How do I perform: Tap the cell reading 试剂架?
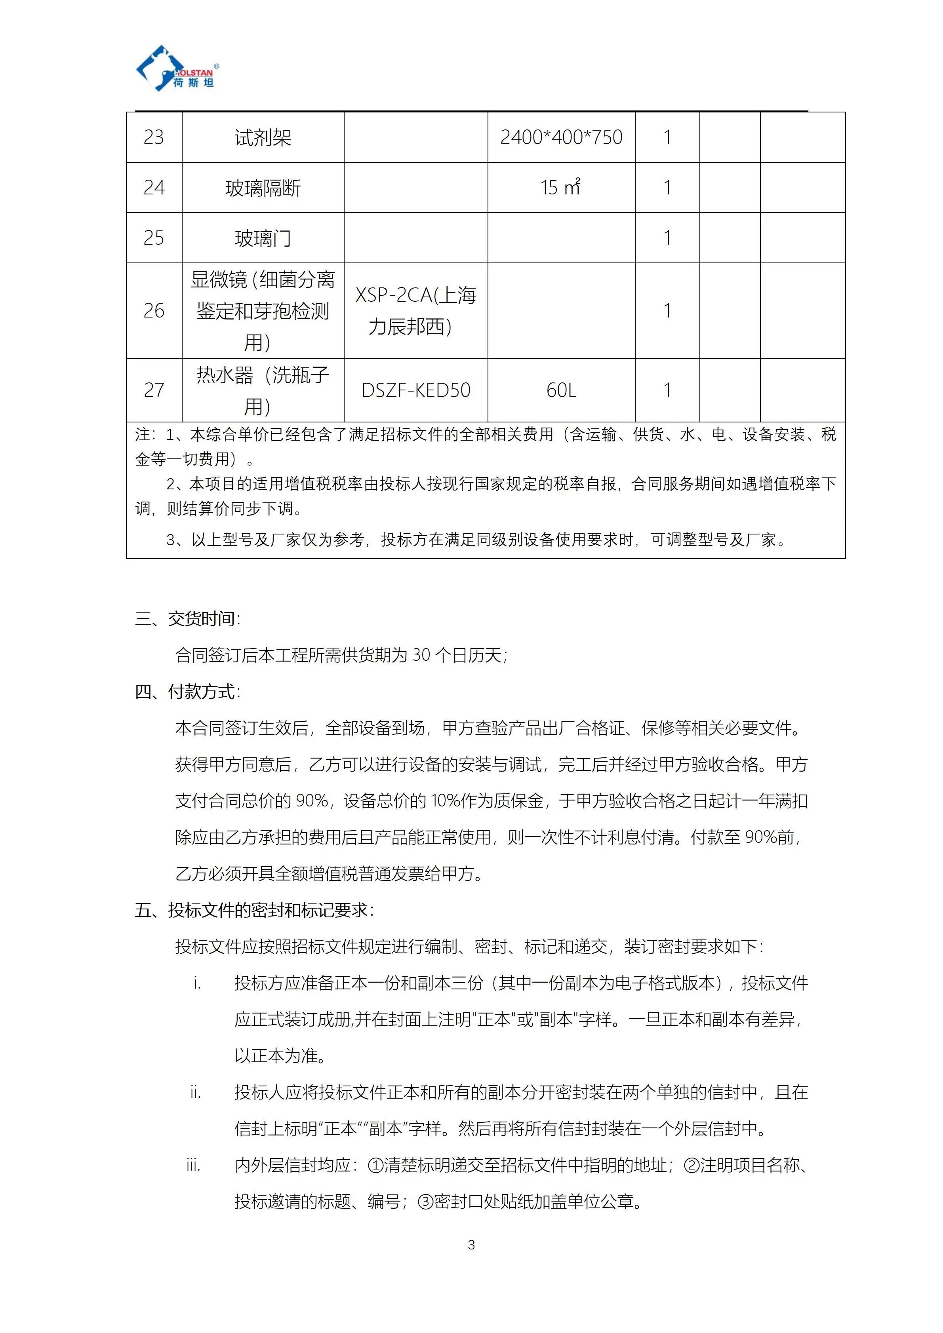tap(263, 138)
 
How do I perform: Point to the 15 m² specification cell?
tap(560, 188)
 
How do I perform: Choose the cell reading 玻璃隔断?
tap(263, 188)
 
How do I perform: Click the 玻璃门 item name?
tap(263, 238)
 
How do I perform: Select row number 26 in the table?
tap(154, 311)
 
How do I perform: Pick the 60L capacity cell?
tap(561, 390)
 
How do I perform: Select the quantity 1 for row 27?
tap(667, 390)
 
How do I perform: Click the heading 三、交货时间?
tap(188, 619)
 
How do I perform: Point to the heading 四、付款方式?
tap(188, 692)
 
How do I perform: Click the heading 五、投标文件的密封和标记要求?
tap(254, 910)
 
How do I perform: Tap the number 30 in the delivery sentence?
tap(421, 656)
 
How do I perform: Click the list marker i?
tap(197, 983)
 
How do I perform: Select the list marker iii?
tap(193, 1165)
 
